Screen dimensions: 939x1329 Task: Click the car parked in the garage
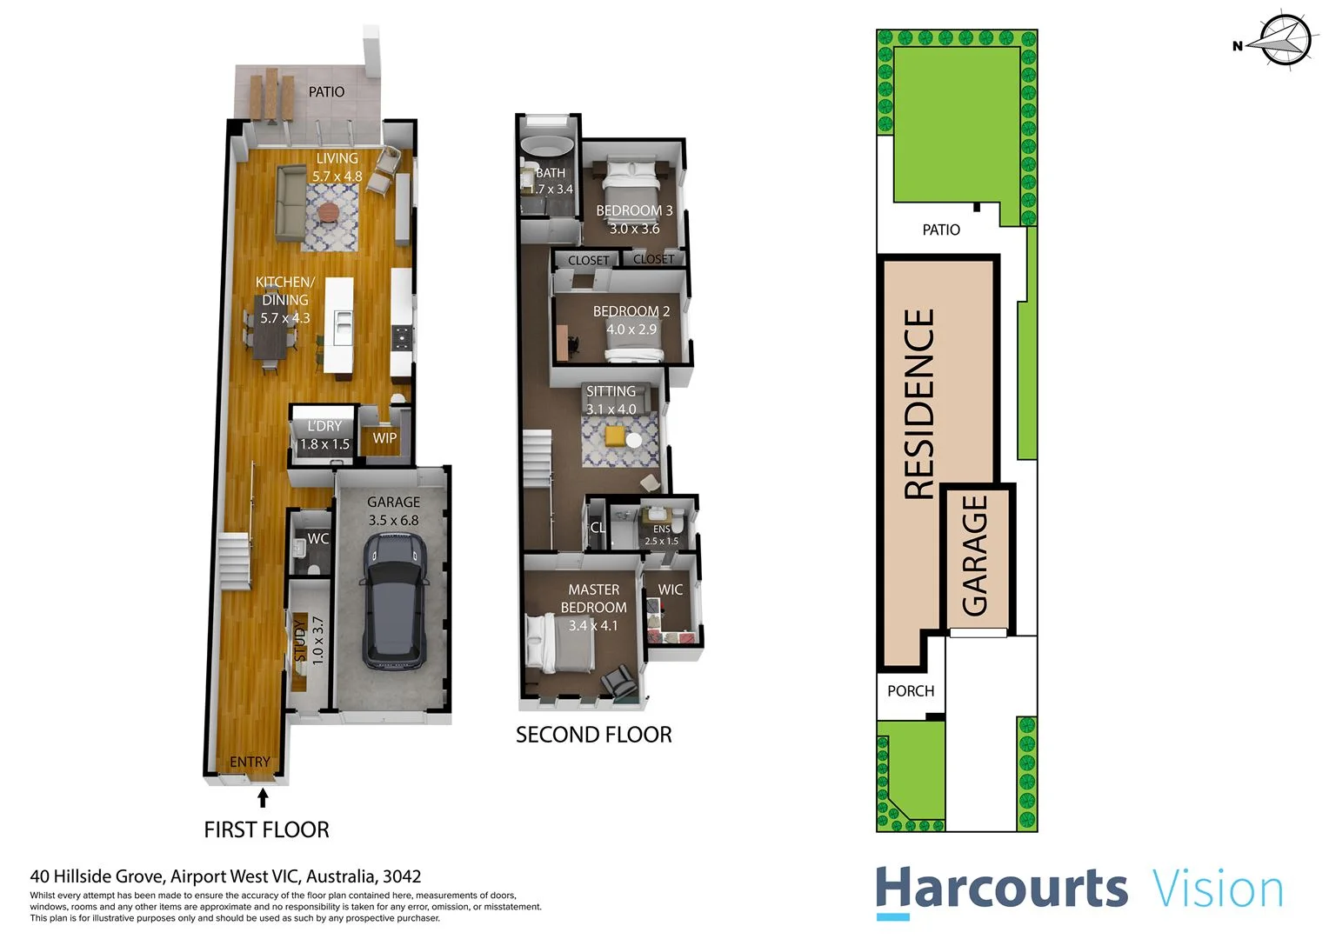click(x=394, y=601)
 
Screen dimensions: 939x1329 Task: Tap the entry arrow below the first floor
click(x=263, y=797)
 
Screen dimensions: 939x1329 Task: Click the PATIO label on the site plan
click(x=941, y=230)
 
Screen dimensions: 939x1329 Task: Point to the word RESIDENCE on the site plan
click(x=919, y=403)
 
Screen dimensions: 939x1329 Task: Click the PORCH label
click(x=911, y=691)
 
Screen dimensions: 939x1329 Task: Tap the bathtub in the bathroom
click(x=546, y=146)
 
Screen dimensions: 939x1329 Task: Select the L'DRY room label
click(x=324, y=426)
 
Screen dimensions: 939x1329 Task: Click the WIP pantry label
click(x=384, y=438)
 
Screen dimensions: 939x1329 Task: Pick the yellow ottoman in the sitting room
click(x=616, y=435)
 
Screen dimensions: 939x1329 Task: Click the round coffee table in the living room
click(x=329, y=211)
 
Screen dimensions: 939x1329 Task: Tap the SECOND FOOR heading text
click(x=593, y=736)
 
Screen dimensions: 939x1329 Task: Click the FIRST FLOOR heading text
click(x=266, y=830)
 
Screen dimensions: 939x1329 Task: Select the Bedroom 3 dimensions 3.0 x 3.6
click(x=634, y=229)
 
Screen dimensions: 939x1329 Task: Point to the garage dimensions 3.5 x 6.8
click(x=393, y=521)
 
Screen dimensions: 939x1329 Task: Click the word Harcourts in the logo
click(x=1001, y=889)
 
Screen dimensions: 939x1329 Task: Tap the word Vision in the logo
click(x=1218, y=889)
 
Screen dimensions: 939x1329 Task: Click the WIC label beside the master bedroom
click(x=670, y=589)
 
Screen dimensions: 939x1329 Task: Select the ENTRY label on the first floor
click(x=250, y=762)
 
